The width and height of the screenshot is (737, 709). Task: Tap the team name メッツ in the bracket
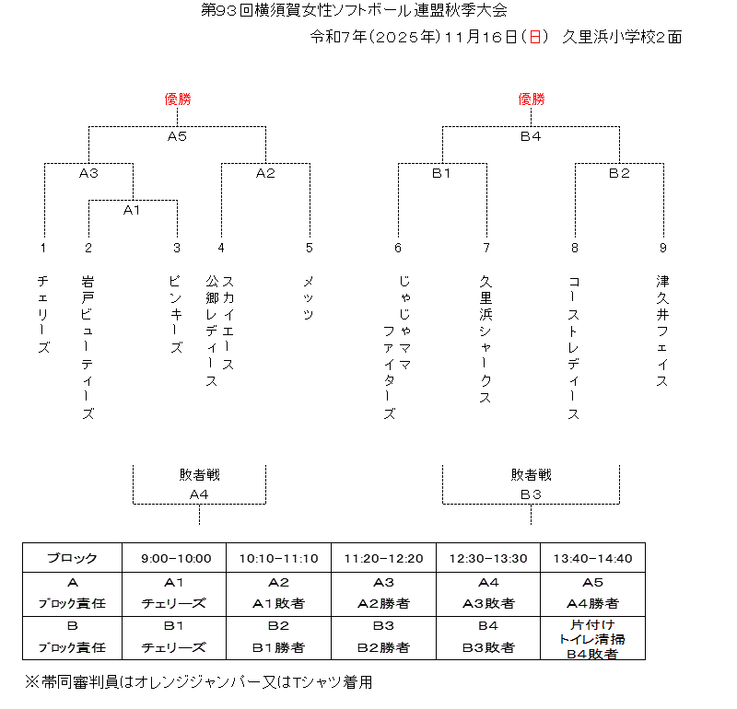(309, 297)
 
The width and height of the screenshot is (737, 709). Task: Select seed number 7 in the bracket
(486, 248)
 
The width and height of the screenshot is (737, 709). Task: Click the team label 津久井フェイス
(662, 330)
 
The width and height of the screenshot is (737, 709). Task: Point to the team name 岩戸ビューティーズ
(88, 346)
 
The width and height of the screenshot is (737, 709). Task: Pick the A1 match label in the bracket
(132, 210)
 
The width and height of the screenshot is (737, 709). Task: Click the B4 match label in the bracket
(531, 136)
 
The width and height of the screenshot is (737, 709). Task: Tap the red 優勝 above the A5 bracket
(177, 99)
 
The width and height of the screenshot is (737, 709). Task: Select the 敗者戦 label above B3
(531, 475)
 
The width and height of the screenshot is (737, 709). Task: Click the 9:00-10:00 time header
(176, 558)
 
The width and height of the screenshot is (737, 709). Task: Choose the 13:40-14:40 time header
(592, 558)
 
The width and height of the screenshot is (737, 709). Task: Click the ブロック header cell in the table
(73, 558)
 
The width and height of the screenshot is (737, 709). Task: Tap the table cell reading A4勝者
(592, 604)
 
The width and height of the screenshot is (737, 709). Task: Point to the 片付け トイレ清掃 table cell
(592, 633)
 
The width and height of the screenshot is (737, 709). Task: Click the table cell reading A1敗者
(279, 604)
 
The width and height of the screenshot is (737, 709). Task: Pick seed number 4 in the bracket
(221, 248)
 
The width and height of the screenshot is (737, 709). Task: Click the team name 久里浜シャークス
(485, 340)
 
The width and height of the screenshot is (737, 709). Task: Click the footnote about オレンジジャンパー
(198, 682)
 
